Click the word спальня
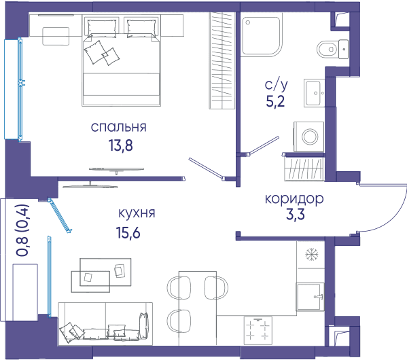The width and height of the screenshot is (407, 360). coord(119,127)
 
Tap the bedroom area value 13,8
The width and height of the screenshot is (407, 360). coord(121,145)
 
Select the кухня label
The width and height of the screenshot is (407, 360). coord(137,213)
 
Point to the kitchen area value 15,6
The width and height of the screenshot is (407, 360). coord(128,232)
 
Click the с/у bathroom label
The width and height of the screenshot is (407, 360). coord(276,84)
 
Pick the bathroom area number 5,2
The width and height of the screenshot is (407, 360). coord(275,101)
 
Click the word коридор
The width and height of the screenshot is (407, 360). coord(294,199)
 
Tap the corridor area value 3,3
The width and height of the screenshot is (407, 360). coord(296,215)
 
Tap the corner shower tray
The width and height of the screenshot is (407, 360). coord(262,36)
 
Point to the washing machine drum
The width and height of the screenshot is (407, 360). coord(311,137)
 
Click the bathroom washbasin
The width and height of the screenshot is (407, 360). coord(314,93)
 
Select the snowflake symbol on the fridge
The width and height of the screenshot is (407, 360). coord(311,254)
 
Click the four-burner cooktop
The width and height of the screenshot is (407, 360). coord(258,331)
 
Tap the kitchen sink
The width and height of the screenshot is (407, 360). coord(310,297)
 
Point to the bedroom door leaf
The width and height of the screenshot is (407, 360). coord(206,168)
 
